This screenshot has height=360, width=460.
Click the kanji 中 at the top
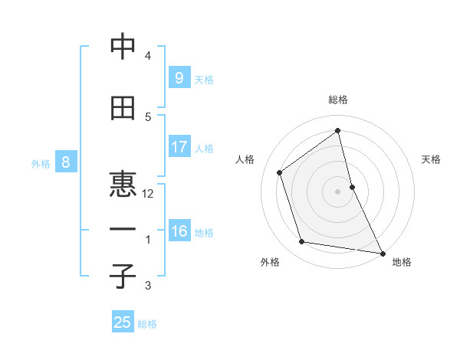click(123, 47)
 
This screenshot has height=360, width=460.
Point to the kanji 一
click(123, 230)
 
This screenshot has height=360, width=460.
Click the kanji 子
click(123, 277)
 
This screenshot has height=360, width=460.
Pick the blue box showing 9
click(179, 78)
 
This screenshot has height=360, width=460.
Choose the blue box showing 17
click(179, 147)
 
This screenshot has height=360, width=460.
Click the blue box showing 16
click(179, 231)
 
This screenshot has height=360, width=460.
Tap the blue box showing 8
click(66, 162)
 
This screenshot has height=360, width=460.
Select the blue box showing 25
click(123, 322)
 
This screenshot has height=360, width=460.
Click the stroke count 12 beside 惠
click(148, 194)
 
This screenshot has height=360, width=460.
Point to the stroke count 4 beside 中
click(148, 56)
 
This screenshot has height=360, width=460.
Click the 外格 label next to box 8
click(41, 163)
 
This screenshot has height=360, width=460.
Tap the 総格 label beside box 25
click(147, 324)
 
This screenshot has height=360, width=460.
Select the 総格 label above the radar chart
click(338, 100)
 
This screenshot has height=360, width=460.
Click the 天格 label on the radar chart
click(432, 159)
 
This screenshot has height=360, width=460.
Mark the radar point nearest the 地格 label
click(382, 253)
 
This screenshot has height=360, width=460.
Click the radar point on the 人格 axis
click(280, 172)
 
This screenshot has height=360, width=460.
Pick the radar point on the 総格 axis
click(338, 130)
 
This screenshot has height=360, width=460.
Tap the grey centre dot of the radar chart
click(338, 191)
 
